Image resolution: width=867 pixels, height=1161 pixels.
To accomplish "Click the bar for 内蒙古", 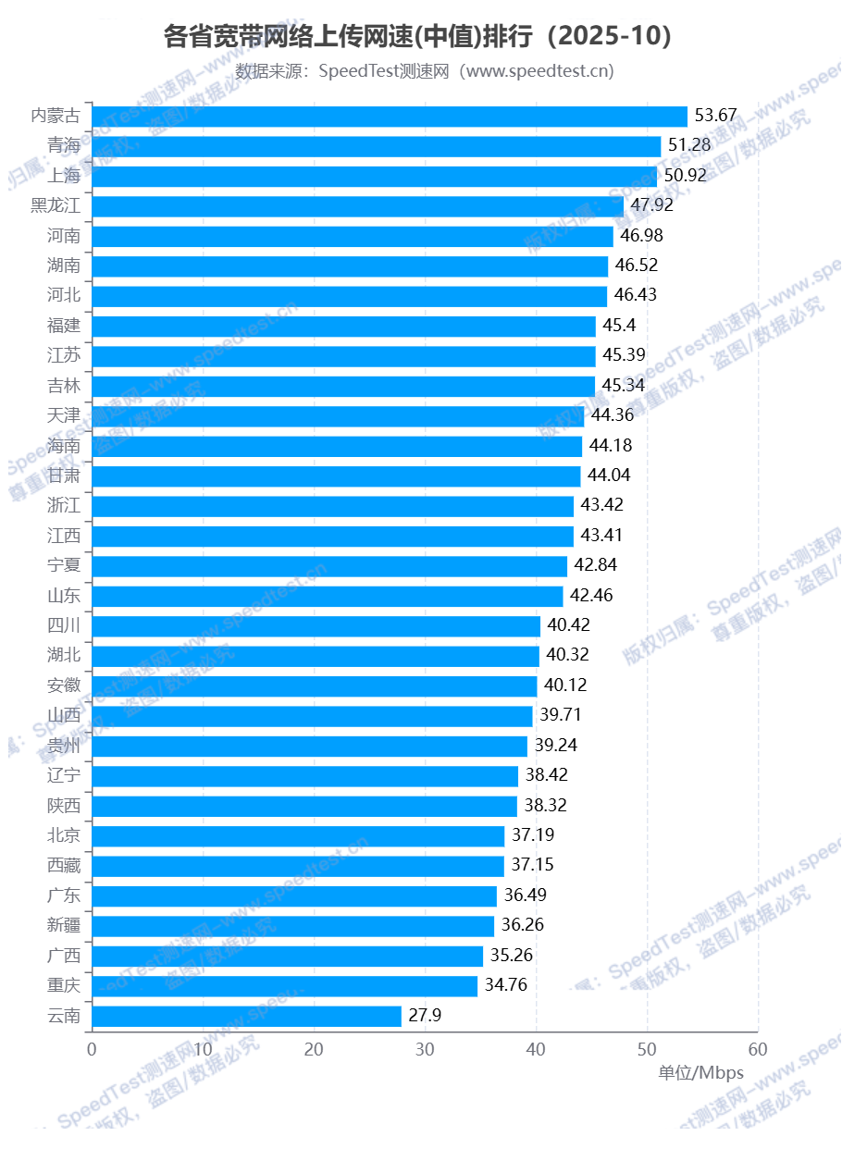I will (x=390, y=116).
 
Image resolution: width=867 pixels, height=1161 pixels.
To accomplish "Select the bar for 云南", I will (x=246, y=1016).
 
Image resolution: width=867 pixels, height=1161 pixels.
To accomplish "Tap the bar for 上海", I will (x=375, y=176).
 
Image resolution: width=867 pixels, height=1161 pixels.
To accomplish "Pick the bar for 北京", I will (x=298, y=836).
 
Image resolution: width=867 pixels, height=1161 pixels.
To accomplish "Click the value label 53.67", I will (x=715, y=116).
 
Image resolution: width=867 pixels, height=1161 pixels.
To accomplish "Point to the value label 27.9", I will (x=425, y=1016).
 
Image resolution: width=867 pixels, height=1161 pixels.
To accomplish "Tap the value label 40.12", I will (x=565, y=685).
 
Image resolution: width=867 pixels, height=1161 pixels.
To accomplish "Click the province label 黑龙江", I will (x=56, y=205).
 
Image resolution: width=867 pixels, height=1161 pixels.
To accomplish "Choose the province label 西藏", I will (x=64, y=866).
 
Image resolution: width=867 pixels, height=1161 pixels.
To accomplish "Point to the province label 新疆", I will (x=64, y=925).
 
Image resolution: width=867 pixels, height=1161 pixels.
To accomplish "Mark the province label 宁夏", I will (x=64, y=565).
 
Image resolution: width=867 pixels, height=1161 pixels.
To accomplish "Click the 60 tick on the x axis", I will (x=758, y=1050).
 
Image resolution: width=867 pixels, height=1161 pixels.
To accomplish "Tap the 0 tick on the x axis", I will (x=92, y=1050).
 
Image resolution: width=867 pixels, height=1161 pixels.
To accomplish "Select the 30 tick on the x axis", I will (x=425, y=1050).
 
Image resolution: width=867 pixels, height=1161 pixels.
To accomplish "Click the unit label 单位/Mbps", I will (x=700, y=1073).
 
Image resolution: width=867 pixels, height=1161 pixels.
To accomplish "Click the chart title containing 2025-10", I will (x=417, y=37).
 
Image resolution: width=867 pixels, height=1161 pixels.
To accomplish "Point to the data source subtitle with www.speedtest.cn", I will (x=425, y=71).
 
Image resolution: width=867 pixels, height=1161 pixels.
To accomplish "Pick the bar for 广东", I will (x=294, y=895).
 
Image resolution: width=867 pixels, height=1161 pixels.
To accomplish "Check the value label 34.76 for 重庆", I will (x=505, y=985).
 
